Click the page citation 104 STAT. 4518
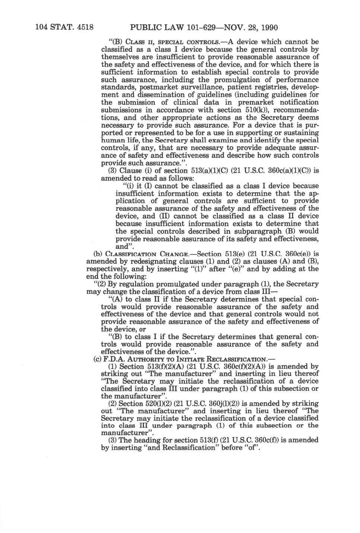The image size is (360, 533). (64, 27)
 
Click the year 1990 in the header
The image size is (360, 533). (268, 27)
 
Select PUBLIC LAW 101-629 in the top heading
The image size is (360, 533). (172, 27)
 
